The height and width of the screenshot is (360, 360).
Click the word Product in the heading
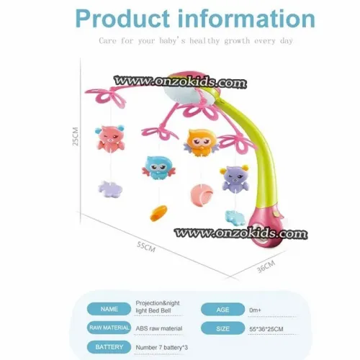[x=122, y=19]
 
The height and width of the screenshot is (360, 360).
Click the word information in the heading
[x=247, y=19]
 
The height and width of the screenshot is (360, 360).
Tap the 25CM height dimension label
[x=76, y=136]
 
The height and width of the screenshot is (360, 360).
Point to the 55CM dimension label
[x=146, y=247]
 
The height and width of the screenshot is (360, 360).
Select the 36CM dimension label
[x=266, y=266]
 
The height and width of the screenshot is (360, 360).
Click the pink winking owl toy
[x=110, y=138]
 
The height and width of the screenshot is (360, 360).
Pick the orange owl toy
[x=202, y=143]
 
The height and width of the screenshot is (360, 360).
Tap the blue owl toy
[x=158, y=168]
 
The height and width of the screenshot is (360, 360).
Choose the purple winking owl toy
[x=234, y=178]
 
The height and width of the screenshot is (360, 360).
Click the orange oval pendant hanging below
[x=158, y=213]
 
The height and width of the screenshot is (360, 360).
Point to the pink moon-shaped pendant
[x=202, y=194]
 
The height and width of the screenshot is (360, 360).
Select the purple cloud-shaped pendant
[x=110, y=189]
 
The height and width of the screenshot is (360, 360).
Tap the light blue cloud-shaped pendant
[x=235, y=218]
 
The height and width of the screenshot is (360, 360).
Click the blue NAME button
[x=109, y=309]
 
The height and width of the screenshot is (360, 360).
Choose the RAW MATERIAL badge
[x=109, y=328]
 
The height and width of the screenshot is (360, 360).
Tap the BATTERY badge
[x=109, y=347]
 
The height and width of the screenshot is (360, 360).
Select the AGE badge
[x=222, y=310]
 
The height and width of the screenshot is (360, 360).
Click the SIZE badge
[x=222, y=328]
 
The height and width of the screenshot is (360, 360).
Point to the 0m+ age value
[x=255, y=310]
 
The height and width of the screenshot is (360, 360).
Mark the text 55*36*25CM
[x=266, y=329]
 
